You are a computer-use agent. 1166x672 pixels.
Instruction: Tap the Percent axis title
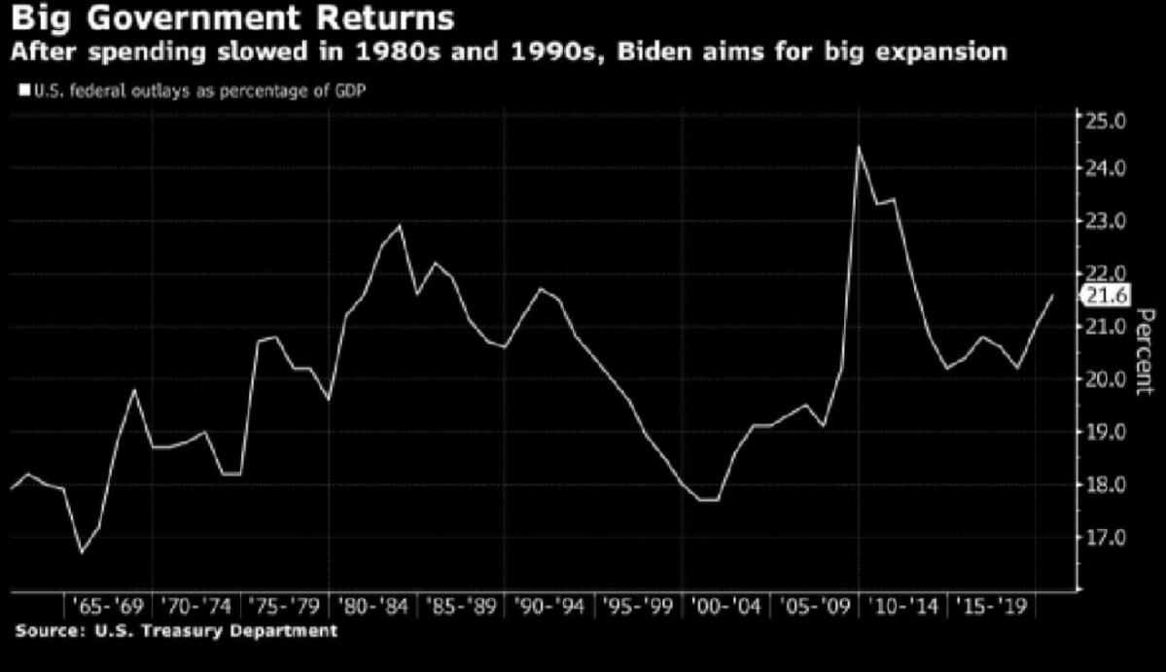1145,351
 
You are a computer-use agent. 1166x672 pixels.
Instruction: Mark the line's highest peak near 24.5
859,147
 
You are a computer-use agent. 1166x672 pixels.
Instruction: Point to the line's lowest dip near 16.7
82,552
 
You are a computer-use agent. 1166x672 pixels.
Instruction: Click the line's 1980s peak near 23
400,226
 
